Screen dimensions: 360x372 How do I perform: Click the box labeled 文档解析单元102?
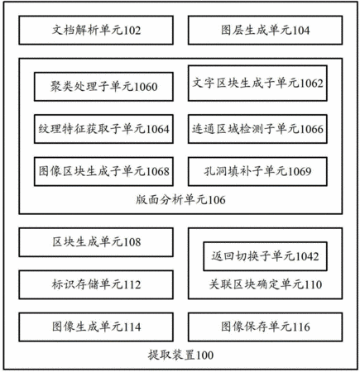click(96, 30)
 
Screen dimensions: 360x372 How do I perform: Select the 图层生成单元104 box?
click(265, 30)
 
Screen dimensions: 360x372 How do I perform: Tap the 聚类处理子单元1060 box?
click(103, 87)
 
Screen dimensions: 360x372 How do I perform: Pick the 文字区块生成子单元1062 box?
click(257, 83)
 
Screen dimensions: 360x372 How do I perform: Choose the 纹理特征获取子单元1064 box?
click(103, 129)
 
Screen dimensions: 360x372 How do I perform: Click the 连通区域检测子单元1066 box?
click(257, 129)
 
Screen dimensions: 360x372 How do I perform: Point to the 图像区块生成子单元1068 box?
click(103, 171)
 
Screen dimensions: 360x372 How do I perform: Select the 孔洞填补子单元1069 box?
click(257, 171)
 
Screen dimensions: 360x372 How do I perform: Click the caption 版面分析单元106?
click(180, 200)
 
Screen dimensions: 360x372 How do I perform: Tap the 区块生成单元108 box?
click(96, 242)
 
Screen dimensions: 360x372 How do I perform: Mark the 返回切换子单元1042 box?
click(265, 256)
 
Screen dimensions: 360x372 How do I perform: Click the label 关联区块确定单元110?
click(266, 284)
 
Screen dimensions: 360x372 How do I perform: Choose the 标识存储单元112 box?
click(96, 284)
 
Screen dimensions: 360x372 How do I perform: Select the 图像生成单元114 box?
click(96, 327)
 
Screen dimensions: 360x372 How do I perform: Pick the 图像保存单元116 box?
click(265, 327)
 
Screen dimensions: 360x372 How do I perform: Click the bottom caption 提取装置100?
click(180, 355)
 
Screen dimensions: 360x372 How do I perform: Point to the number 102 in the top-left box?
click(132, 31)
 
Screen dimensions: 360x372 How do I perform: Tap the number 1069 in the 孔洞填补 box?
click(300, 172)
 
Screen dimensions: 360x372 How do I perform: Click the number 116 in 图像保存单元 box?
click(301, 327)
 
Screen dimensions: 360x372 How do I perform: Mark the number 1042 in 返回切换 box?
click(307, 256)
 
